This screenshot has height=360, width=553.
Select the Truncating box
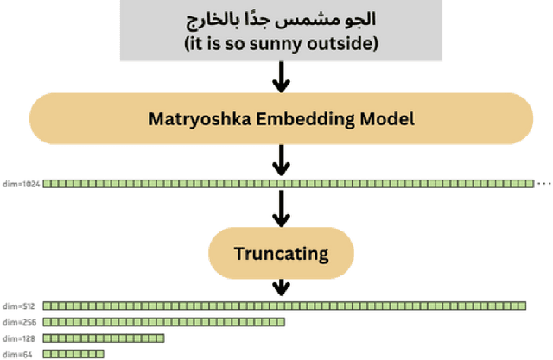pos(281,253)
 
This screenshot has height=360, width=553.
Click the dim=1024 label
pos(20,183)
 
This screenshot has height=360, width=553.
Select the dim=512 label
pos(18,306)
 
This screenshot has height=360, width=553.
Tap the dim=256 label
pos(18,322)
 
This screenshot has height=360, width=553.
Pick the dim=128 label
pos(18,338)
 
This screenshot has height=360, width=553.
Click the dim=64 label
pos(16,354)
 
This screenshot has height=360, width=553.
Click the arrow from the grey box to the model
pos(281,80)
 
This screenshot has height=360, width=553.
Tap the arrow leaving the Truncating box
pos(281,287)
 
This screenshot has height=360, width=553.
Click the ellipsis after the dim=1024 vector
pos(544,183)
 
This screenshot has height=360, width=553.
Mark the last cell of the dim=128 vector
pos(160,338)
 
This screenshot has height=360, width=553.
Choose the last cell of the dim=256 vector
pos(281,321)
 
